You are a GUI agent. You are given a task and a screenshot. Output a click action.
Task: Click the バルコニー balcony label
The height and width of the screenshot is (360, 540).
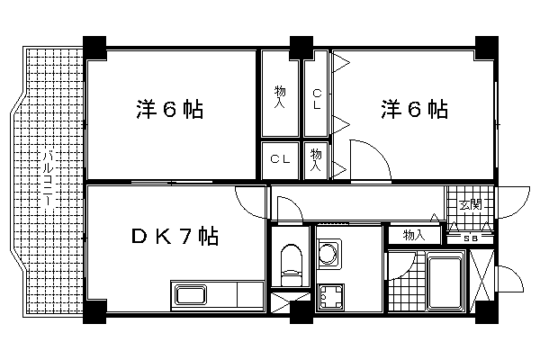49,178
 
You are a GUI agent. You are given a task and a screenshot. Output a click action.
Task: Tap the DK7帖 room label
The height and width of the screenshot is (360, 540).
175,237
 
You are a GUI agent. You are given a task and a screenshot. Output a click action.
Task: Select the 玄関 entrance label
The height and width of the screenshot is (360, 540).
470,204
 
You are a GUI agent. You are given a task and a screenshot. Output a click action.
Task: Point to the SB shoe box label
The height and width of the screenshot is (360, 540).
470,238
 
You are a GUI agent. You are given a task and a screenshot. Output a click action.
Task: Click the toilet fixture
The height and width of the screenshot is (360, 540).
292,265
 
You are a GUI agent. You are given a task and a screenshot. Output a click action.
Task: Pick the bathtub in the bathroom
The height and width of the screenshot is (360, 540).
445,281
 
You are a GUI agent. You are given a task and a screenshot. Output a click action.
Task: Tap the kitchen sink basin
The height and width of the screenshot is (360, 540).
192,295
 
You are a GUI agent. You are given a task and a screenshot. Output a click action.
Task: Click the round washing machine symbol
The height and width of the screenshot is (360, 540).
328,254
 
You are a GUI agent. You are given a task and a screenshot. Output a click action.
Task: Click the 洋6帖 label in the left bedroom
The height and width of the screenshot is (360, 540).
169,109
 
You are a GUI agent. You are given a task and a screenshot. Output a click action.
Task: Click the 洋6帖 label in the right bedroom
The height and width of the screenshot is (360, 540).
414,109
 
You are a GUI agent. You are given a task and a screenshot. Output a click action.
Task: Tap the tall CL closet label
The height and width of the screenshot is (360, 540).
317,99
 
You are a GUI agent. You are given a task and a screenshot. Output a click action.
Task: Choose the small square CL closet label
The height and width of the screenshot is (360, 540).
280,159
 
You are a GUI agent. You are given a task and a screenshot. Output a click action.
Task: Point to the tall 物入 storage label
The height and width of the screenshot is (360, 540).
280,97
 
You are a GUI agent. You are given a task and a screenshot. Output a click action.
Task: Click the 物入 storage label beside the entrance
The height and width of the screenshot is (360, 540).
414,236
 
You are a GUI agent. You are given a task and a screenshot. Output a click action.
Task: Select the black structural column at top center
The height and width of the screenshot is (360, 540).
301,48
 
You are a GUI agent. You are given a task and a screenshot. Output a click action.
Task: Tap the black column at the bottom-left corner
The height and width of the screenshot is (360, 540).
94,312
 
